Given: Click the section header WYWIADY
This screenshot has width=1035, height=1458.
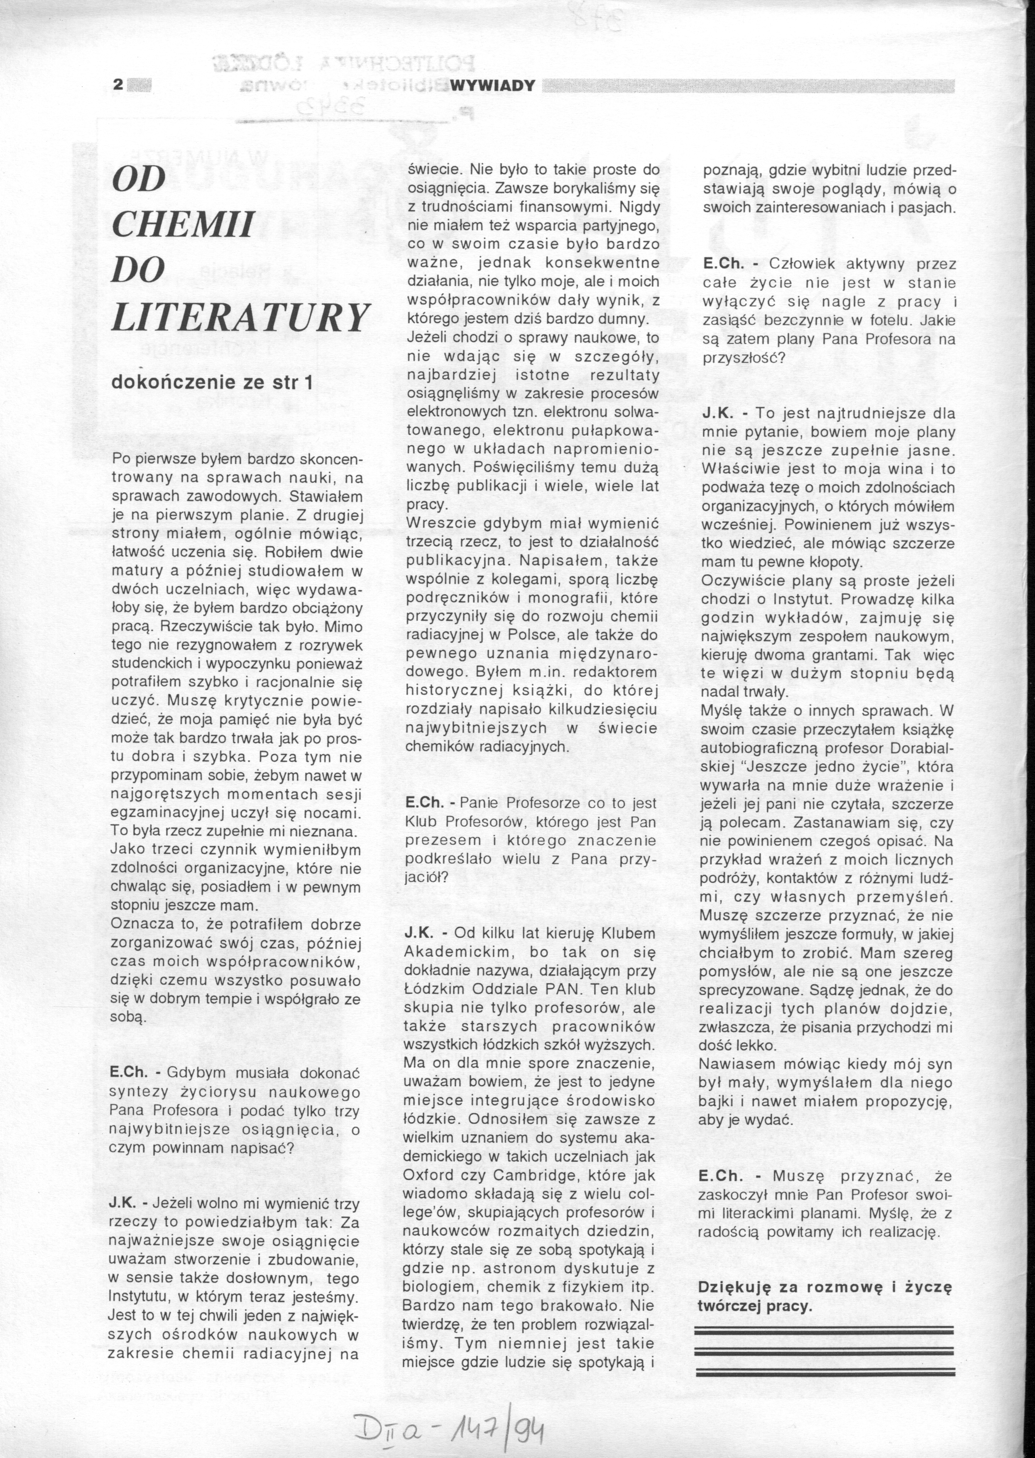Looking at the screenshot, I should pyautogui.click(x=492, y=86).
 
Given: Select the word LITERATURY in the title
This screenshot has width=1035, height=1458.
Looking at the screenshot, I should pyautogui.click(x=240, y=317).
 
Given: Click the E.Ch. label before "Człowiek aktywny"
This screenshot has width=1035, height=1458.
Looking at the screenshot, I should pyautogui.click(x=721, y=264).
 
